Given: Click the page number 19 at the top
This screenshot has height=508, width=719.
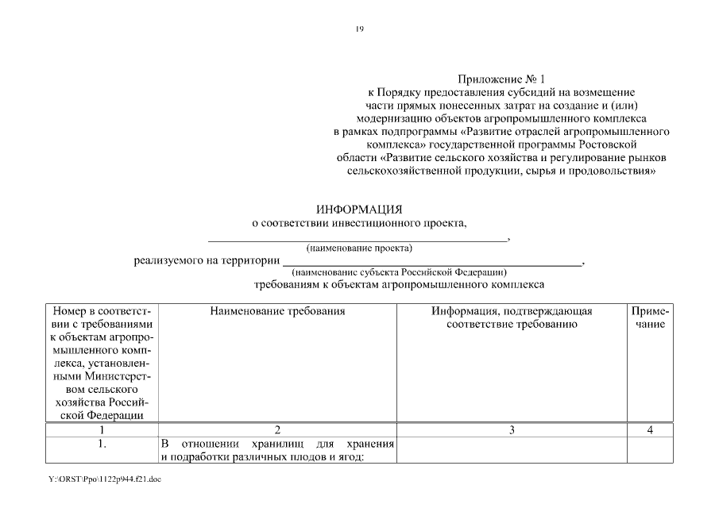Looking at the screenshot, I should [x=359, y=29].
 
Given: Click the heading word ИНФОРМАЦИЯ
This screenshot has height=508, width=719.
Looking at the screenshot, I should [x=359, y=210].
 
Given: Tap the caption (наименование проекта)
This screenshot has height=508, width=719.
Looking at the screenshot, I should [x=359, y=248].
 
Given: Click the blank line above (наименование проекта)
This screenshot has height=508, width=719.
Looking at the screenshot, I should [x=358, y=237].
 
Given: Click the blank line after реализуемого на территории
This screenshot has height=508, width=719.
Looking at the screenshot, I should [x=432, y=262].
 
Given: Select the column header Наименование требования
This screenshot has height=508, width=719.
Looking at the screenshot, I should [x=277, y=311].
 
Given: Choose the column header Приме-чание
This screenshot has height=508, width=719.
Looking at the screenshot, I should [x=651, y=317].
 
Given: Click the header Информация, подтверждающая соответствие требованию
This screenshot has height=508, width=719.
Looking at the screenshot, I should [x=511, y=317].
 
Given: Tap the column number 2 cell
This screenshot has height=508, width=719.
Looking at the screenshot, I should [x=277, y=430].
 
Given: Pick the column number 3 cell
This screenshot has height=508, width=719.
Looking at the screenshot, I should [x=511, y=430].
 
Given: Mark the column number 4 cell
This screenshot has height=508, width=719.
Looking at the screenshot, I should [x=651, y=430].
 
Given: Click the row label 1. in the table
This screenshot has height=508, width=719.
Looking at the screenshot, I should [x=102, y=444].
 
